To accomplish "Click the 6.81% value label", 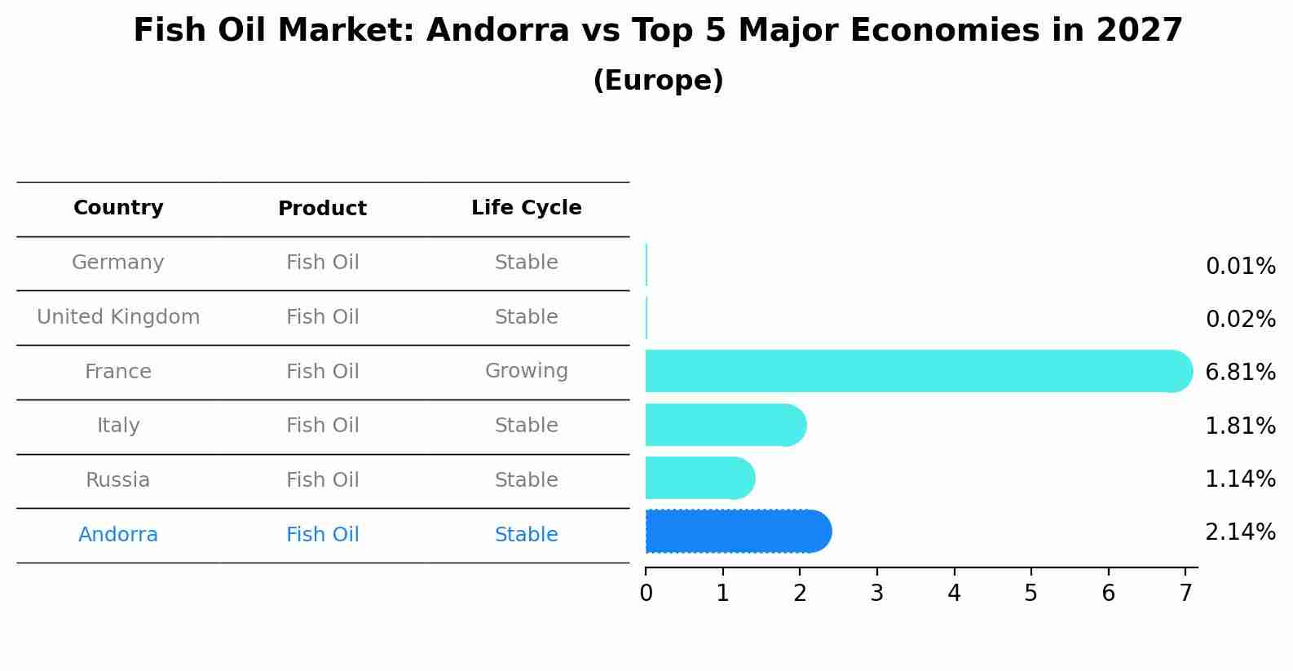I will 1239,373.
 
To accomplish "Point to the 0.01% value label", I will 1239,267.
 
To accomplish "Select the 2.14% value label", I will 1239,532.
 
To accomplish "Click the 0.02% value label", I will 1239,320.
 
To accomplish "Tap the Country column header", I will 118,208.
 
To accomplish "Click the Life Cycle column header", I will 526,208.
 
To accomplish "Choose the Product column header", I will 322,209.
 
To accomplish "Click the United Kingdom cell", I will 118,317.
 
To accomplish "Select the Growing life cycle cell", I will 526,371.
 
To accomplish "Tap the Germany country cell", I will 118,263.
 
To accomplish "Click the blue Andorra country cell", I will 118,535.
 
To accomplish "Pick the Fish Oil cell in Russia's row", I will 322,480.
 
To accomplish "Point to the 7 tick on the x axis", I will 1185,594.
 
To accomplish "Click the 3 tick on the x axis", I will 876,594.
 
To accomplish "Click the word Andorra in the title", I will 497,31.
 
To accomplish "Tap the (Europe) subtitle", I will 658,81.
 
